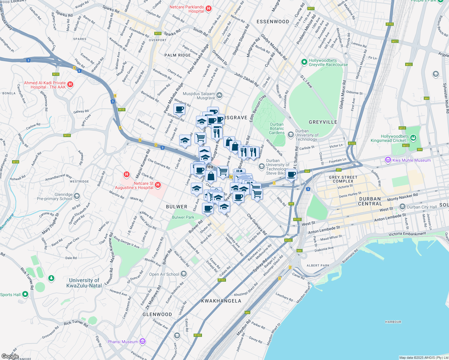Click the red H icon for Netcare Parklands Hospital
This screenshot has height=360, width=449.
click(x=209, y=9)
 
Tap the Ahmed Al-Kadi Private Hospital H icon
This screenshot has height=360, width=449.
click(x=70, y=85)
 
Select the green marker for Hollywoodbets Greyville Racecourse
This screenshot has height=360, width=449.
click(x=304, y=62)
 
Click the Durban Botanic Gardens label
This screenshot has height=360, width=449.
click(x=276, y=128)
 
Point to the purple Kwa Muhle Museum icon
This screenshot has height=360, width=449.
click(x=388, y=160)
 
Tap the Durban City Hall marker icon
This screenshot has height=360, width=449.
click(x=402, y=207)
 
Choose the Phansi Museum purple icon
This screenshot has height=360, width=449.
click(x=143, y=341)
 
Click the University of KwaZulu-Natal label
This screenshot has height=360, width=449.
click(x=84, y=283)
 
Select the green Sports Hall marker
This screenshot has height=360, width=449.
click(x=25, y=294)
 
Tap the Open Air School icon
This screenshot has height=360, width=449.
click(x=184, y=274)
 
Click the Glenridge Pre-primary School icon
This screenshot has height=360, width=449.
click(x=77, y=196)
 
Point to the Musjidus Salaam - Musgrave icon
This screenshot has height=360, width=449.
click(x=219, y=95)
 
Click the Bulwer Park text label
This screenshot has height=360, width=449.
click(x=183, y=217)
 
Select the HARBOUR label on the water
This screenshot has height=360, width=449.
click(x=393, y=322)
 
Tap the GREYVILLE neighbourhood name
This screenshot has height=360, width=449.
click(x=323, y=122)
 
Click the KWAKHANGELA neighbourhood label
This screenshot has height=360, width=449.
click(x=221, y=301)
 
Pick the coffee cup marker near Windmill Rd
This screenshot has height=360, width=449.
click(x=179, y=109)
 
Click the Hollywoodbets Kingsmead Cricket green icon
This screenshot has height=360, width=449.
click(x=413, y=138)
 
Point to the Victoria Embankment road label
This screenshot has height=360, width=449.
click(x=407, y=234)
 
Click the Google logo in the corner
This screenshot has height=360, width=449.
click(x=10, y=356)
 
